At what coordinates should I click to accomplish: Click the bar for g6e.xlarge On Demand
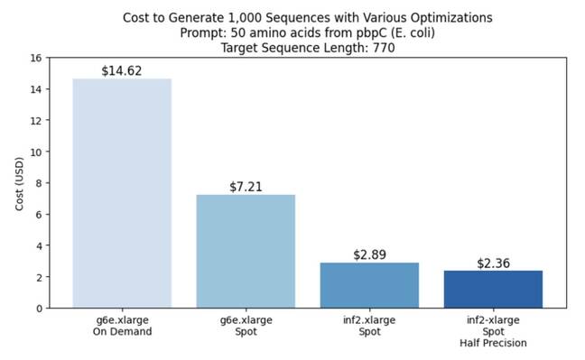coord(122,193)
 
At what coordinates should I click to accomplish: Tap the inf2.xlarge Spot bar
coord(369,285)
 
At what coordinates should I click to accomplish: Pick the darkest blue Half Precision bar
coord(493,289)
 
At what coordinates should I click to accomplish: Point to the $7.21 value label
coord(246,185)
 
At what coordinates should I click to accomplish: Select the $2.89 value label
coord(369,254)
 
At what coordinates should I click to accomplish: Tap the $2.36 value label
coord(493,263)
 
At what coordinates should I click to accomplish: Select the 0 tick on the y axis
coord(39,309)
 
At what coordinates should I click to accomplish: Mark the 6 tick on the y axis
coord(39,214)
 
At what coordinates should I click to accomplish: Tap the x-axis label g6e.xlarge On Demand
coord(122,325)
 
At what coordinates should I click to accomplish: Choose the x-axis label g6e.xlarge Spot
coord(246,325)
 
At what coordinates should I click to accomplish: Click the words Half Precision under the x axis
coord(493,343)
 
